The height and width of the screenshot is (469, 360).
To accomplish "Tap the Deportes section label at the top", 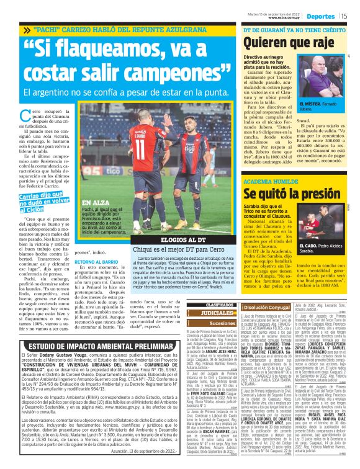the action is (x=322, y=16).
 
